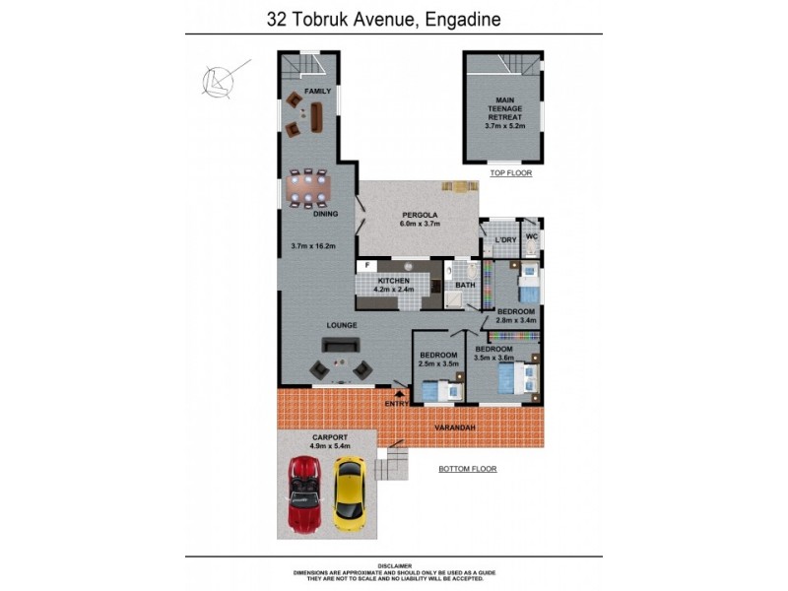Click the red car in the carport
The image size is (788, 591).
click(x=304, y=492)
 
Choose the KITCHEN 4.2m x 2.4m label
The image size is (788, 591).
click(x=393, y=286)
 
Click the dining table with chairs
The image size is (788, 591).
click(x=309, y=184)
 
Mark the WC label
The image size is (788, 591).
click(x=530, y=237)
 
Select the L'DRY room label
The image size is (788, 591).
click(x=505, y=240)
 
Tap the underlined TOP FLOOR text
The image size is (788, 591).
click(x=510, y=173)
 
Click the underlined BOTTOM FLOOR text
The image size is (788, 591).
click(x=468, y=469)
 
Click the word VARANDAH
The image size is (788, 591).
click(x=454, y=427)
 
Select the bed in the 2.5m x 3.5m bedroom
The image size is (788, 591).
click(x=439, y=391)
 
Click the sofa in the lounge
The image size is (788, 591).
click(x=341, y=345)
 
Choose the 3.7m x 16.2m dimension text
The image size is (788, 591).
click(x=314, y=245)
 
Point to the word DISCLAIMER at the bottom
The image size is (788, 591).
click(x=394, y=565)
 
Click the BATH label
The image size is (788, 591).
click(x=465, y=286)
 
